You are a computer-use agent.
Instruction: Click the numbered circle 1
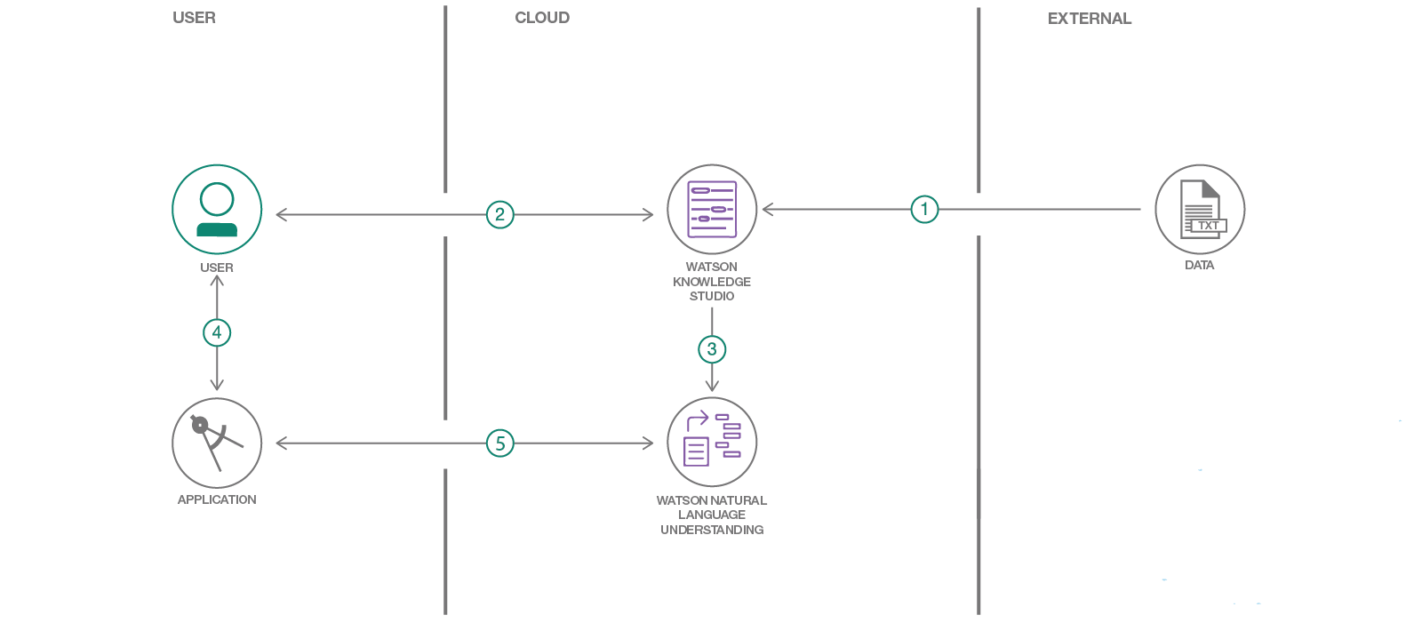coord(924,209)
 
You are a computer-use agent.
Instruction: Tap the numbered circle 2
coord(500,214)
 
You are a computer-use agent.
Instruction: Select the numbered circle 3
coord(712,349)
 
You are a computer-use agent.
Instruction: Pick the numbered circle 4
coord(217,332)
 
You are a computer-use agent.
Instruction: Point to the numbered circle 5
coord(500,443)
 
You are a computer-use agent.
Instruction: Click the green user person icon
coord(217,210)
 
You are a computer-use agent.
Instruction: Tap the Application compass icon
coord(217,443)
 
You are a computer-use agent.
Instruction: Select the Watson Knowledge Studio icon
coord(712,210)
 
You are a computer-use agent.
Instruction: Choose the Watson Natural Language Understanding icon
coord(712,442)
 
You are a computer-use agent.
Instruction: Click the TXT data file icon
coord(1200,210)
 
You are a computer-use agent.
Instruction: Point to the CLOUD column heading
coord(542,18)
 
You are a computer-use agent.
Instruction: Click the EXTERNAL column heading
coord(1090,19)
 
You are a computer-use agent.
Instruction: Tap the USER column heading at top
coord(194,18)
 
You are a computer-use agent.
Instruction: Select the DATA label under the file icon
coord(1200,265)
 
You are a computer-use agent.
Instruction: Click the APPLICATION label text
coord(217,499)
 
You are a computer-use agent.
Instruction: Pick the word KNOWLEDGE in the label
coord(712,282)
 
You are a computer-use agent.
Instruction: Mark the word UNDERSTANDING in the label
coord(712,530)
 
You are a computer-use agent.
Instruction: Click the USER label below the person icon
coord(217,268)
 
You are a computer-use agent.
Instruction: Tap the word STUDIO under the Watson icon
coord(712,296)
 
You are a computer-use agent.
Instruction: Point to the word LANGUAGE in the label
coord(712,515)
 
